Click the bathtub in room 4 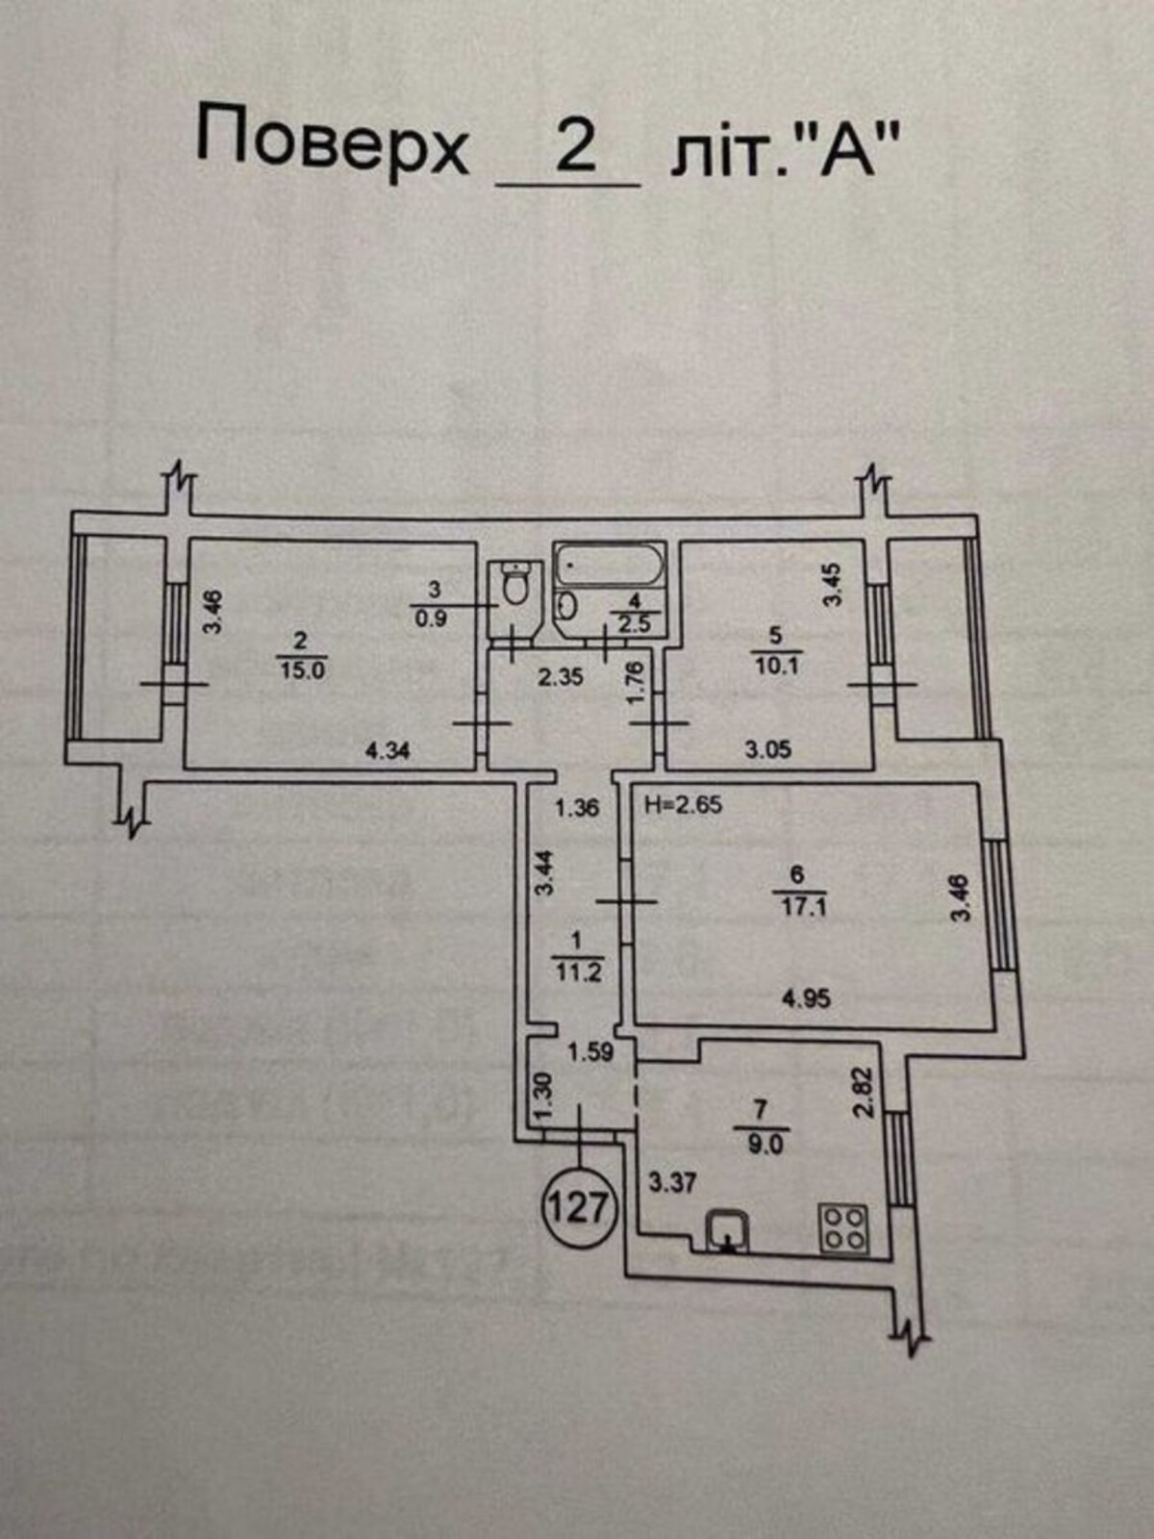[x=609, y=568]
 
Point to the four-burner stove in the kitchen [x=844, y=1229]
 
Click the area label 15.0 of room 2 [x=302, y=670]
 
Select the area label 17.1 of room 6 [x=802, y=907]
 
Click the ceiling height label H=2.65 [x=684, y=804]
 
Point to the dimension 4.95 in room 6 [x=807, y=997]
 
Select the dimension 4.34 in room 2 [x=388, y=751]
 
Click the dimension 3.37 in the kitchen [x=672, y=1183]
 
